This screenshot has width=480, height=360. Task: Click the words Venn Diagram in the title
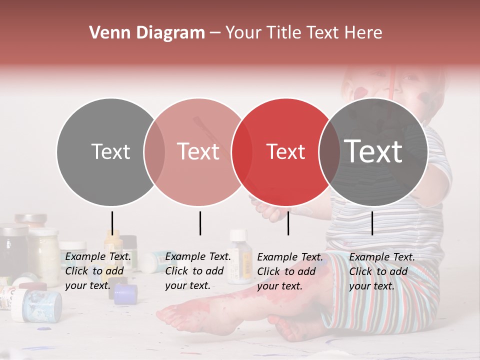147,33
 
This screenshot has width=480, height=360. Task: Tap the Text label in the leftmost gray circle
110,151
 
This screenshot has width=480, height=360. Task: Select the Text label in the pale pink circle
198,151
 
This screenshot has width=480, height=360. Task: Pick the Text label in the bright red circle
285,151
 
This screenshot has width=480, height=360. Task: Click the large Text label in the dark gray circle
373,151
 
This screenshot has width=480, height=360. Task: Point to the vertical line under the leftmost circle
112,223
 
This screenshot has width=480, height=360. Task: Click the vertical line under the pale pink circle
200,223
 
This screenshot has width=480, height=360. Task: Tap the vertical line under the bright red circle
288,223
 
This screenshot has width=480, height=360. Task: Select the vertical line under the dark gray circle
372,223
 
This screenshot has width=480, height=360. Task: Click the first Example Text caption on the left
98,271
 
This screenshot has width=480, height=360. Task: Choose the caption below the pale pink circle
198,271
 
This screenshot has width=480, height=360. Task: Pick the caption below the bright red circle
290,271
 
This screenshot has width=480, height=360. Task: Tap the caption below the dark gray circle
382,271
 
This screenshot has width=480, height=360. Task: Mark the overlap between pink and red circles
242,152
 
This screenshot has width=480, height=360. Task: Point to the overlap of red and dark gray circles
329,152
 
